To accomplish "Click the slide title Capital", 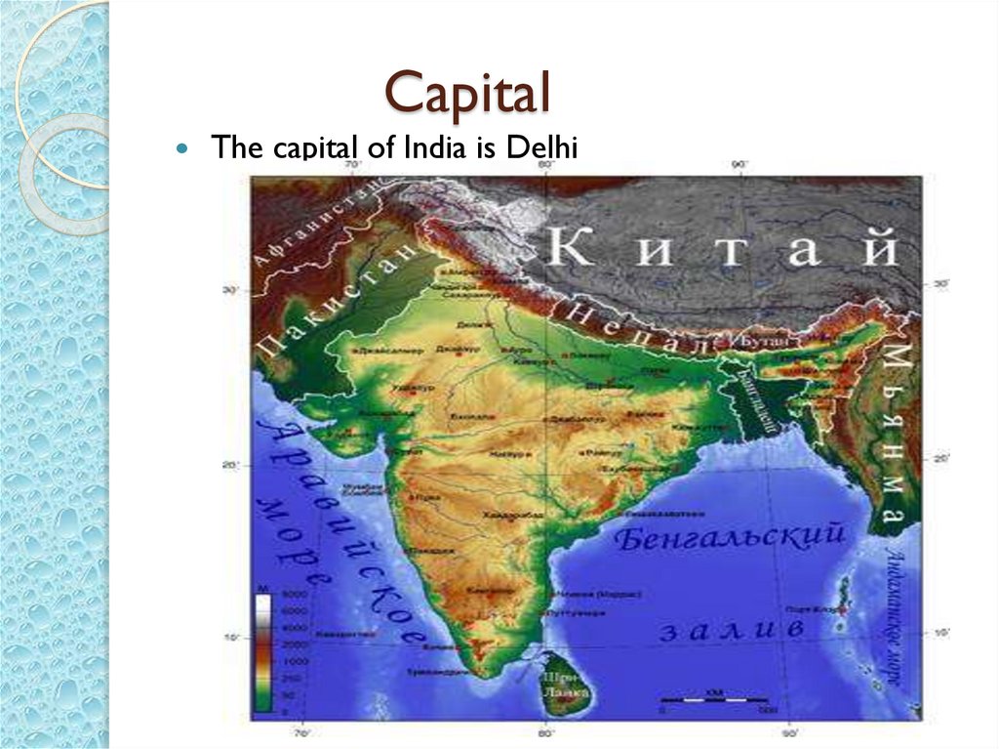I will click(467, 94).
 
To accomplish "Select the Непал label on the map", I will click(632, 328).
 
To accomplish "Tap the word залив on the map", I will click(732, 630).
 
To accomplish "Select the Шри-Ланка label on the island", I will click(559, 680).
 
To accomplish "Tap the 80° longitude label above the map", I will click(545, 165).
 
